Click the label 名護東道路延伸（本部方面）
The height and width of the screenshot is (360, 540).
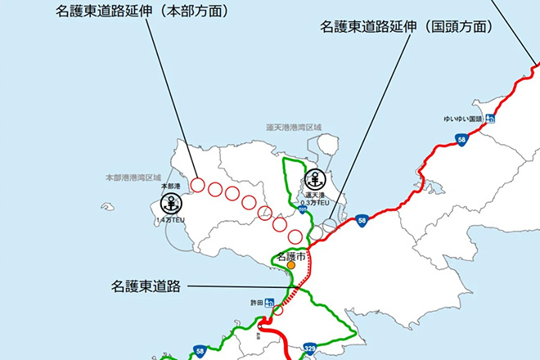point(142,12)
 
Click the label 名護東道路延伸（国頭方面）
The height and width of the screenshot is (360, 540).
point(407,27)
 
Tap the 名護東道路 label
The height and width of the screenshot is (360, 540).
point(147,287)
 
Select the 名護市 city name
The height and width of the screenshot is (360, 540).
point(290,256)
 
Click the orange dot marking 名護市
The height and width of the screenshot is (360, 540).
point(290,266)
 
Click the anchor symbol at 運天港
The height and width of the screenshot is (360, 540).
point(315,180)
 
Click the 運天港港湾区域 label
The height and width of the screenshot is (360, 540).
point(295,128)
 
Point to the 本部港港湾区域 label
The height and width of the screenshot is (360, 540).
point(133,177)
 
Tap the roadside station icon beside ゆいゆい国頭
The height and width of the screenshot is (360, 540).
point(490,119)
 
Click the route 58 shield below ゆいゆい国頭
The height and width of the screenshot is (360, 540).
point(463,141)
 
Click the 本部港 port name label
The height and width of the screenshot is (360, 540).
point(170,187)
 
